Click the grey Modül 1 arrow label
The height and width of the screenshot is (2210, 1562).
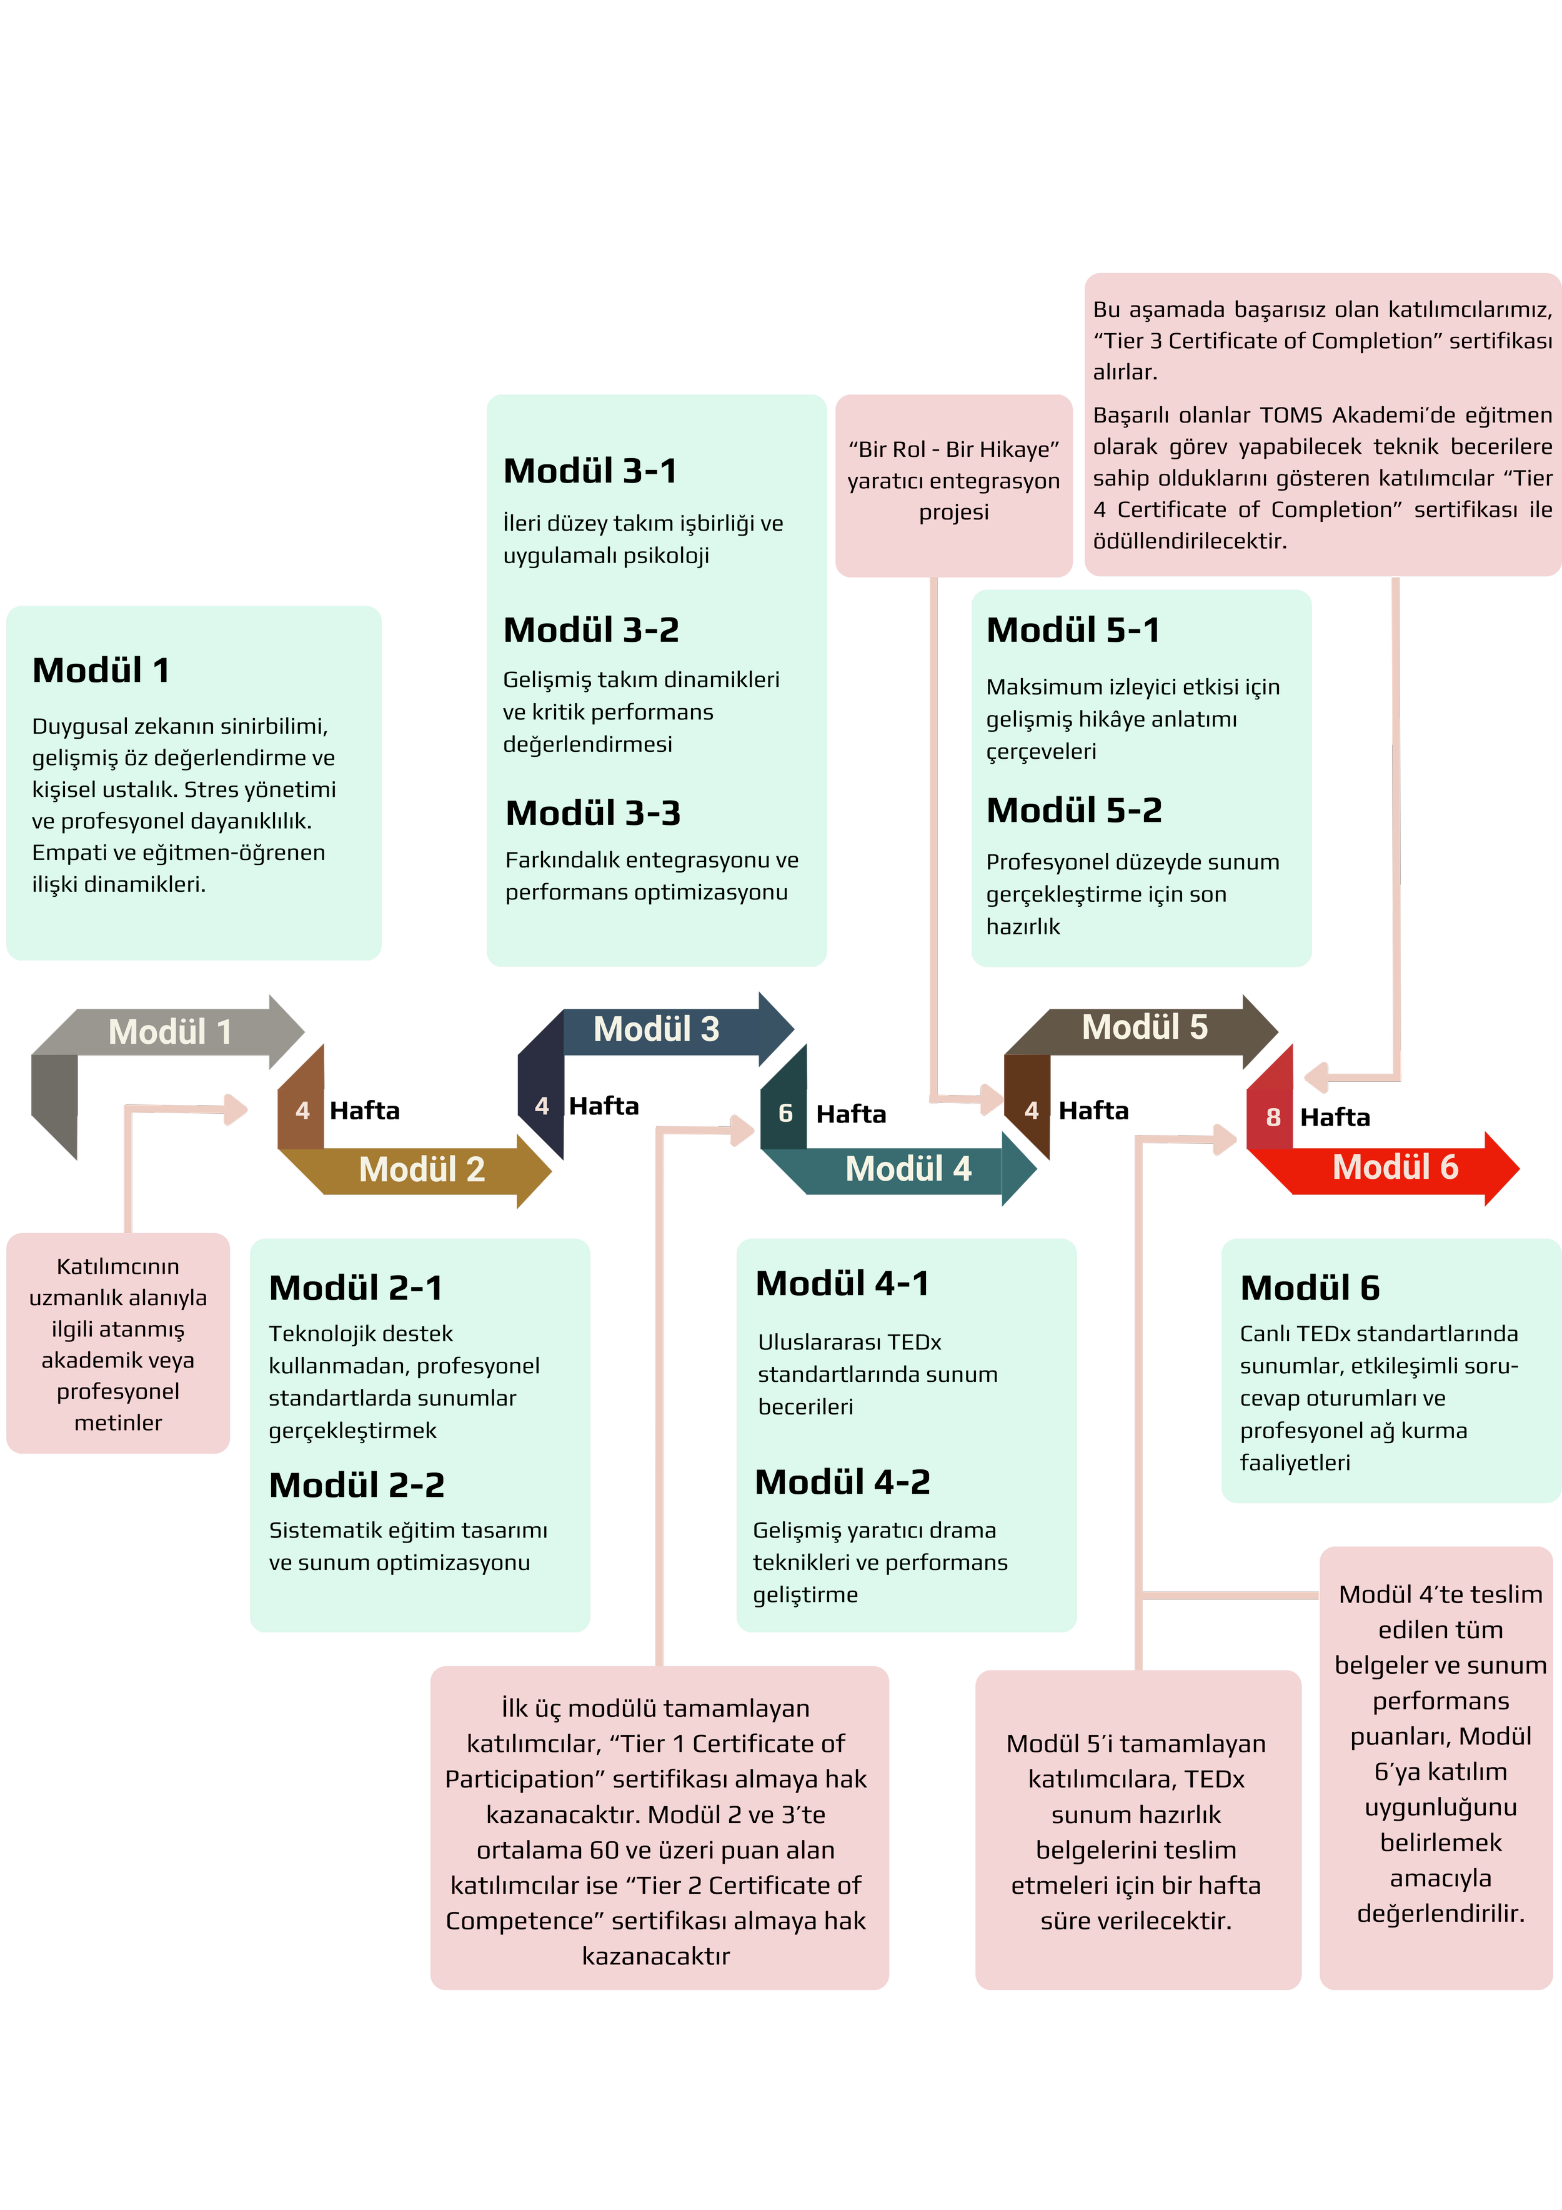tap(171, 1032)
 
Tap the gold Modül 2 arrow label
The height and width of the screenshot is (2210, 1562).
tap(422, 1169)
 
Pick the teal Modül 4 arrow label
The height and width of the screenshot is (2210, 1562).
tap(908, 1169)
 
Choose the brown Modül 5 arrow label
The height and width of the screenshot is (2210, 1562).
tap(1144, 1027)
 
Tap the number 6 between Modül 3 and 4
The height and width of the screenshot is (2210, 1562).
tap(785, 1114)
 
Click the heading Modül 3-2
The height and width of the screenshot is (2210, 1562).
tap(591, 631)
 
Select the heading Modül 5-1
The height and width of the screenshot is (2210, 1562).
tap(1073, 631)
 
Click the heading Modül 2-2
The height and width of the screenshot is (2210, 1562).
tap(356, 1485)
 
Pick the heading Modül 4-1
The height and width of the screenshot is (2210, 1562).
tap(842, 1283)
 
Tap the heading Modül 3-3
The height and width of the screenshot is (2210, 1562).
tap(593, 813)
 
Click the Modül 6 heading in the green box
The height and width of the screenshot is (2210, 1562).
tap(1309, 1288)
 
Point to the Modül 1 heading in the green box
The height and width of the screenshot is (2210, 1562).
tap(101, 670)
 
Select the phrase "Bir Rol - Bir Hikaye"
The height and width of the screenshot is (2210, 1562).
tap(953, 449)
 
